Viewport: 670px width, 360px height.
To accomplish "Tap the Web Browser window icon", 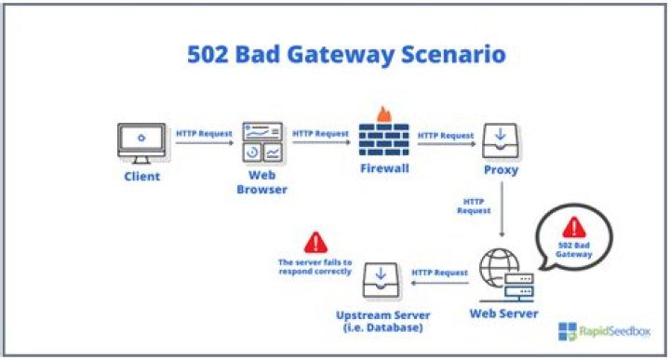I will (261, 140).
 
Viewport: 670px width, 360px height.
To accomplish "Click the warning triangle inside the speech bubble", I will (573, 226).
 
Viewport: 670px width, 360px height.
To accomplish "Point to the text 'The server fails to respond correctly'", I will (315, 268).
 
